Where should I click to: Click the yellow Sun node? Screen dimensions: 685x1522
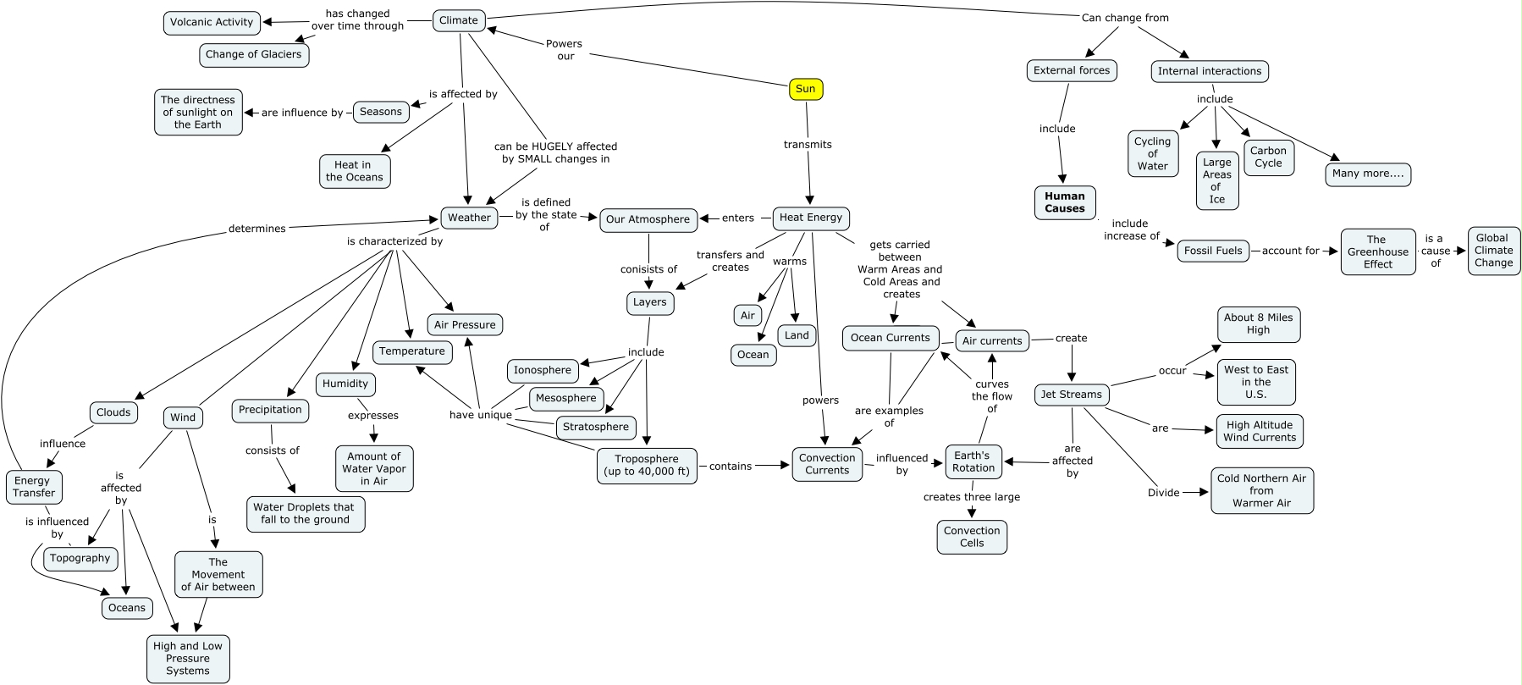pos(805,89)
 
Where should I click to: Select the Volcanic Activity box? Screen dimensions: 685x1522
pos(212,23)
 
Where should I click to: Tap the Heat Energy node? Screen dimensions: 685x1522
pos(811,218)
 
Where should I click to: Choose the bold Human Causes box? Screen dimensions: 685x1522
pos(1064,202)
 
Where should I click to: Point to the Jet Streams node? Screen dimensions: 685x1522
pos(1071,395)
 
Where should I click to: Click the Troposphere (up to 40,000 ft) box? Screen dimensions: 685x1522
pos(647,466)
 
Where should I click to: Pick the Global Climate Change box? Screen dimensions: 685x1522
pos(1493,251)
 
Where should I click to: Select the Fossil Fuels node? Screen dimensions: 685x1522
pos(1212,251)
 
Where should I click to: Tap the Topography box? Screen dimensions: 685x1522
pos(80,558)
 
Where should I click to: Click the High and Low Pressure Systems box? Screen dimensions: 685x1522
pos(188,658)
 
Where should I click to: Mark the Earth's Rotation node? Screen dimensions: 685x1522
pos(973,461)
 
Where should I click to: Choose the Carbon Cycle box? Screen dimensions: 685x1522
pos(1268,157)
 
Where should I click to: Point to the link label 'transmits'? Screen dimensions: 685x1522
pos(808,145)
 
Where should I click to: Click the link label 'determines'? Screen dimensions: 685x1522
pos(257,229)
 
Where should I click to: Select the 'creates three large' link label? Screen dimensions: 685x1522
pos(971,497)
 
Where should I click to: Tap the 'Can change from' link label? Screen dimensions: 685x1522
pos(1124,18)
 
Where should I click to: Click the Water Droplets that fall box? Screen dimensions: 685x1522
pos(305,513)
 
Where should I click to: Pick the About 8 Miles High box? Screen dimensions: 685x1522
pos(1258,324)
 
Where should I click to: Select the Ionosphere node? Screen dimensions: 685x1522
pos(543,370)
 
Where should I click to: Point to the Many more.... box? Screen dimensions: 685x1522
pos(1367,174)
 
